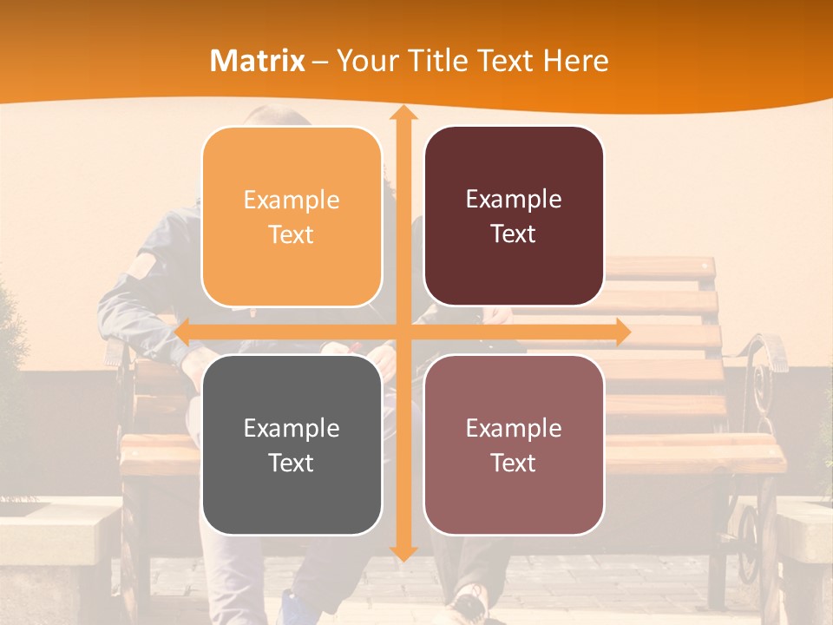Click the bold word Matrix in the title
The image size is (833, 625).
tap(258, 61)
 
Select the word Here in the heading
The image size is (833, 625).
tap(575, 61)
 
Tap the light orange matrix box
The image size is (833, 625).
tap(292, 216)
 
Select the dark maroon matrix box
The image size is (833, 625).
tap(514, 216)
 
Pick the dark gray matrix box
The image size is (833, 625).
tap(292, 444)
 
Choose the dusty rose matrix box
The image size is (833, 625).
tap(514, 444)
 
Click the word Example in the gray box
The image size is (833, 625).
tap(292, 428)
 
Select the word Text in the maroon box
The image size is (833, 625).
tap(514, 234)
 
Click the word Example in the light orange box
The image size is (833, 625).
tap(292, 200)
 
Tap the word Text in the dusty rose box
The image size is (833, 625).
tap(514, 463)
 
